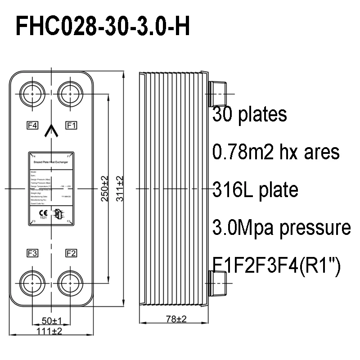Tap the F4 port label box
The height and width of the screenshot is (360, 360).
(32, 125)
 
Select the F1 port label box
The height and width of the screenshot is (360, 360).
(71, 125)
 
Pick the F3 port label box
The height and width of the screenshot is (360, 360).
(32, 252)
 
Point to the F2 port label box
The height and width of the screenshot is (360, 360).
(71, 252)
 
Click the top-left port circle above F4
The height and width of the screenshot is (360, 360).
(32, 93)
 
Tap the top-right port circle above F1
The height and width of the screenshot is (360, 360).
(71, 93)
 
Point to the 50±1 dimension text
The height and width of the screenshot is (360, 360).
(52, 321)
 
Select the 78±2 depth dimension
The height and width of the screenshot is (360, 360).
(173, 319)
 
